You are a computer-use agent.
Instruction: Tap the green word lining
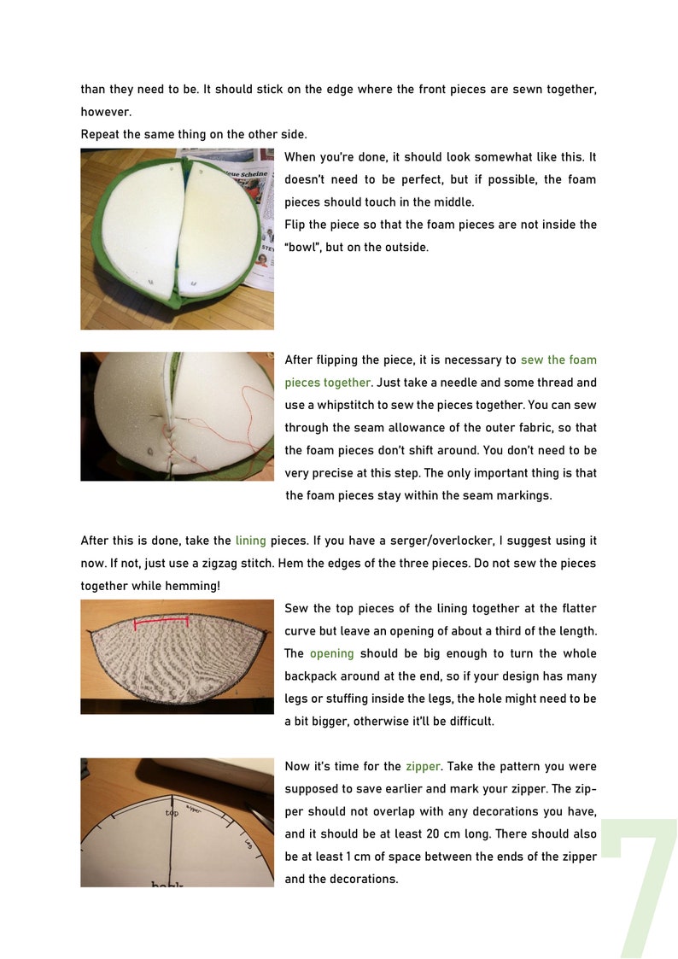tap(250, 541)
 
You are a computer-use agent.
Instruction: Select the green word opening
tap(331, 653)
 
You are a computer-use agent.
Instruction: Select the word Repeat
tap(100, 134)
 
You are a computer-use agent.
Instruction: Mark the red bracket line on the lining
tap(162, 622)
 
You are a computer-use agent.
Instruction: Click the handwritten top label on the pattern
tap(172, 813)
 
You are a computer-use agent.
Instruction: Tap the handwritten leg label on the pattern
tap(248, 844)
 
